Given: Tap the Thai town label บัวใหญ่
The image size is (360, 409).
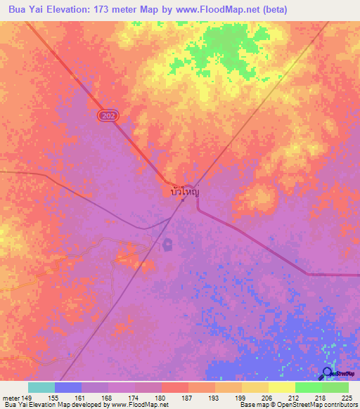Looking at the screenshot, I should pos(185,190).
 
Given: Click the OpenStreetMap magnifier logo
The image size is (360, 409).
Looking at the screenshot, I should pos(328,373).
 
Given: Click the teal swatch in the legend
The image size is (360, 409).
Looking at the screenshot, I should pos(41,387).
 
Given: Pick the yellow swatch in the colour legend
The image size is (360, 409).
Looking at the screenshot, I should pos(282,387).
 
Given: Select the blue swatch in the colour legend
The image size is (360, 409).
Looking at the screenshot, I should pos(68,387).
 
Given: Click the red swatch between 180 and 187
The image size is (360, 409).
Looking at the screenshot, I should pos(175,387).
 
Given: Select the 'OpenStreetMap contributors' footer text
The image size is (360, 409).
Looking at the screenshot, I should pos(319,405).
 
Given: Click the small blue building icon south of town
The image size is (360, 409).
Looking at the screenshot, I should pos(168,245).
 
